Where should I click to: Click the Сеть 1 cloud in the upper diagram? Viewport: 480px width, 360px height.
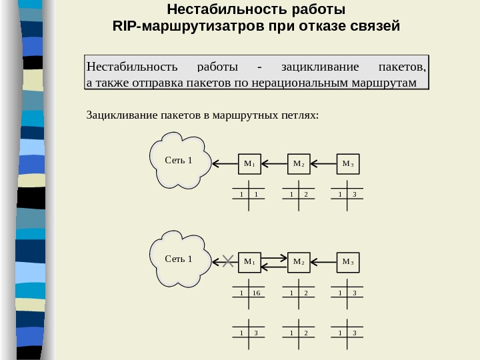[179, 161]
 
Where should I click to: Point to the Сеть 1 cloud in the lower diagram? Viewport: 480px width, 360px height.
[179, 259]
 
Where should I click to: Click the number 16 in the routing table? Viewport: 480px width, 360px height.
[256, 293]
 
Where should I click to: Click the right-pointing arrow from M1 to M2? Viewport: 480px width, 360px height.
[274, 257]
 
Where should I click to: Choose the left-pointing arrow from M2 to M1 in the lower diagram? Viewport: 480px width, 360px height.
[274, 267]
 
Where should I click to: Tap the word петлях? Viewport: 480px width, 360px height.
[301, 115]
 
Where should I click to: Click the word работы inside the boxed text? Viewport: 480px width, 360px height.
[218, 67]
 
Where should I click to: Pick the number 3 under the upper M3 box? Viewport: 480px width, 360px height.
[355, 195]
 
